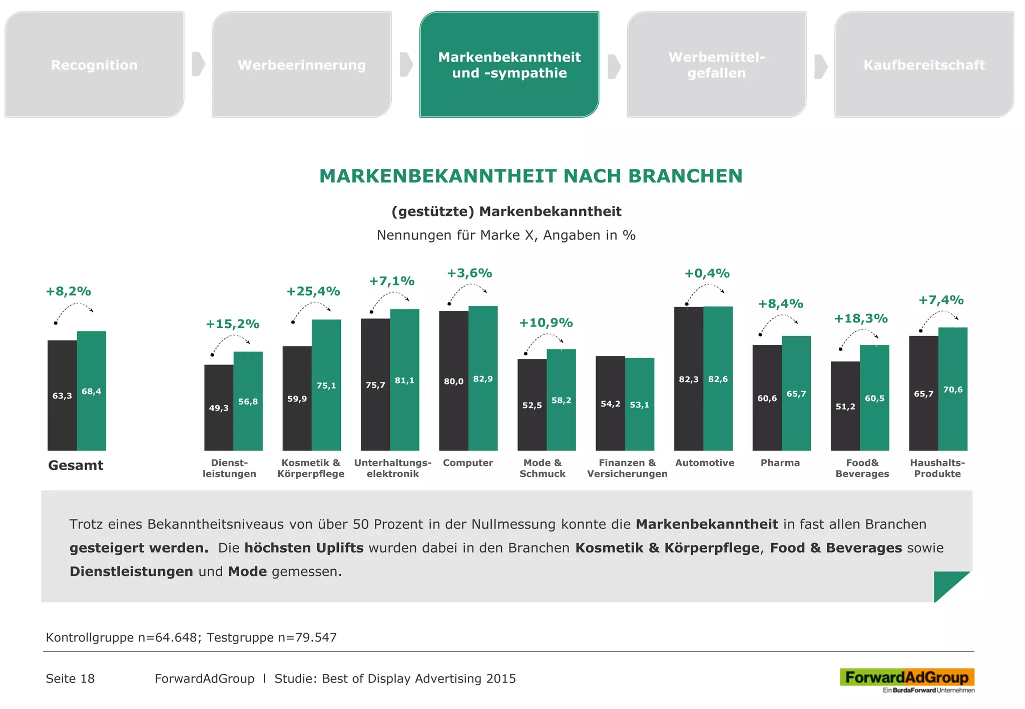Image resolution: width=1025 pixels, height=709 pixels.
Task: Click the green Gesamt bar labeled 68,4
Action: (x=92, y=390)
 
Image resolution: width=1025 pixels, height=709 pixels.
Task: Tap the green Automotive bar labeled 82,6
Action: (x=718, y=378)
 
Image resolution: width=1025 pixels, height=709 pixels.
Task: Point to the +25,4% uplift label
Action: (x=313, y=291)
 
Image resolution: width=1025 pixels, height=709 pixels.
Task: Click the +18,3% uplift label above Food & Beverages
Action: (x=860, y=318)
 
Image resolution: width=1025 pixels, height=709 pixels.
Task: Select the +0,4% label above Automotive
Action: (x=707, y=273)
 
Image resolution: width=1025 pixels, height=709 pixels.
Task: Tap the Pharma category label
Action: (x=780, y=463)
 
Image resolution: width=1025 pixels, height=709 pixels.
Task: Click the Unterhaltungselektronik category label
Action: (x=392, y=468)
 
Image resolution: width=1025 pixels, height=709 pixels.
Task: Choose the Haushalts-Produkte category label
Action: (x=937, y=468)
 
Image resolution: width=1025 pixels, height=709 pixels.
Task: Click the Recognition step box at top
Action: (x=94, y=65)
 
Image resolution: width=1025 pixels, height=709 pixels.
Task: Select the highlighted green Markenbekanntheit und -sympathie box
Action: (x=509, y=65)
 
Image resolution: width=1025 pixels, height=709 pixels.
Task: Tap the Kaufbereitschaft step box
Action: (x=924, y=65)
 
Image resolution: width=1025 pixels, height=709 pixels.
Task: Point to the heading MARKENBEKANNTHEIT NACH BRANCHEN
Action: (x=531, y=176)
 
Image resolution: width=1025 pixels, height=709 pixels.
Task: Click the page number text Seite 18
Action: (x=70, y=678)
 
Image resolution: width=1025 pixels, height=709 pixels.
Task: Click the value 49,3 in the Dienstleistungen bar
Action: (x=219, y=408)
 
